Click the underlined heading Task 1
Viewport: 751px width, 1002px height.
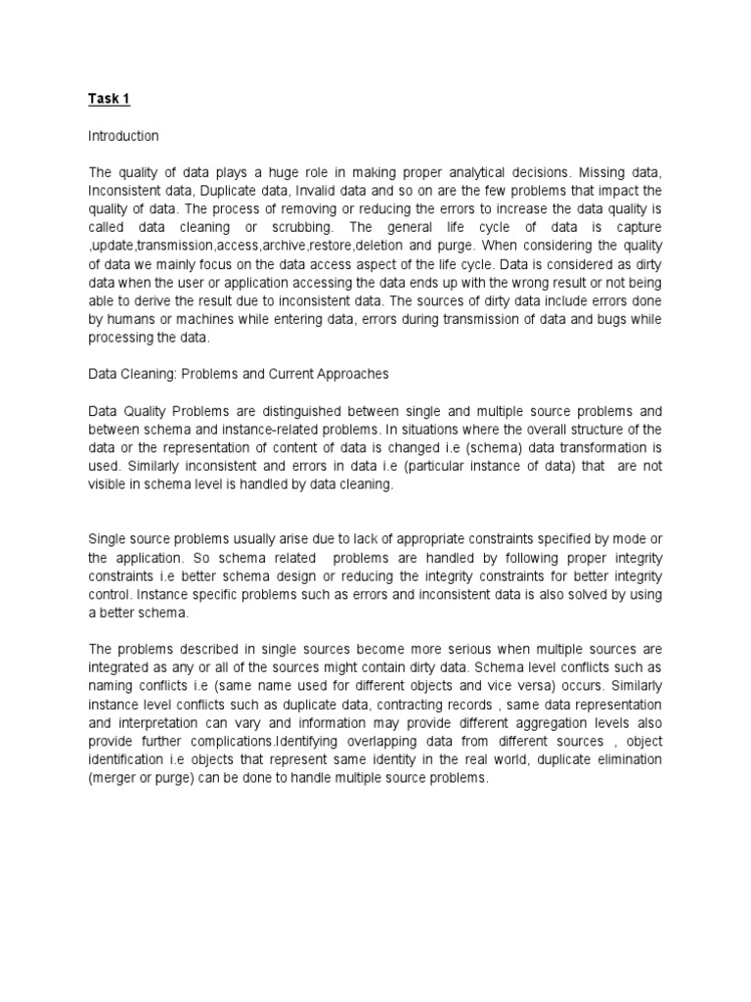click(110, 99)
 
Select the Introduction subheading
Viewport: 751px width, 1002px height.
click(123, 136)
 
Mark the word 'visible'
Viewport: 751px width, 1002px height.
click(110, 484)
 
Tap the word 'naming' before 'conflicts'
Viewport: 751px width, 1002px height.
click(112, 687)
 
